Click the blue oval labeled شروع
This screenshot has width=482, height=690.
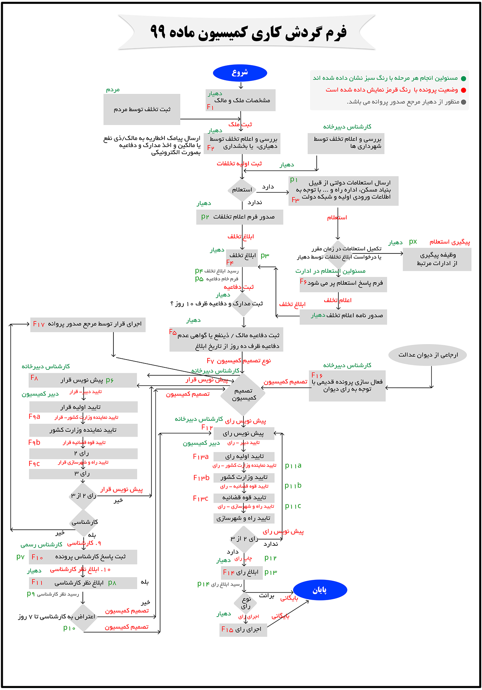click(240, 73)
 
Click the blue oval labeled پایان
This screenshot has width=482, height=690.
click(320, 590)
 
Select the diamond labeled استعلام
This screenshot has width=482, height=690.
click(242, 190)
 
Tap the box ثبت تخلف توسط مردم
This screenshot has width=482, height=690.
click(142, 109)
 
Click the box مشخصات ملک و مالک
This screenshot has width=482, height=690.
click(240, 100)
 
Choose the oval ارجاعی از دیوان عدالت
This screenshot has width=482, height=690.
click(428, 355)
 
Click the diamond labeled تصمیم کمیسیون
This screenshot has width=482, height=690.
click(243, 394)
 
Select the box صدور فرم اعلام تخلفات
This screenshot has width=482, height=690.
click(239, 217)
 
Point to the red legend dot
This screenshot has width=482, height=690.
click(464, 90)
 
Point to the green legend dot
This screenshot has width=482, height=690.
click(464, 78)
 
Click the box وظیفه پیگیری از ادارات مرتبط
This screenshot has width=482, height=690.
click(437, 259)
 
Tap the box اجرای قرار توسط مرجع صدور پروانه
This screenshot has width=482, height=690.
click(88, 324)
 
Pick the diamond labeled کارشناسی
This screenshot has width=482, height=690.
click(84, 522)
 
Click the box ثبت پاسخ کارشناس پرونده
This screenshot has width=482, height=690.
click(83, 557)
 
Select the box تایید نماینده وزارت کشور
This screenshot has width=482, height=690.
click(83, 430)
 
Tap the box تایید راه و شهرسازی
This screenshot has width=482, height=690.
click(243, 518)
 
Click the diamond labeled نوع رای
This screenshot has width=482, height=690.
click(246, 603)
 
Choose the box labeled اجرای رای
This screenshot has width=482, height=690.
click(243, 629)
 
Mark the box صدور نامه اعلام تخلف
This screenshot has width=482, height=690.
click(343, 316)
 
